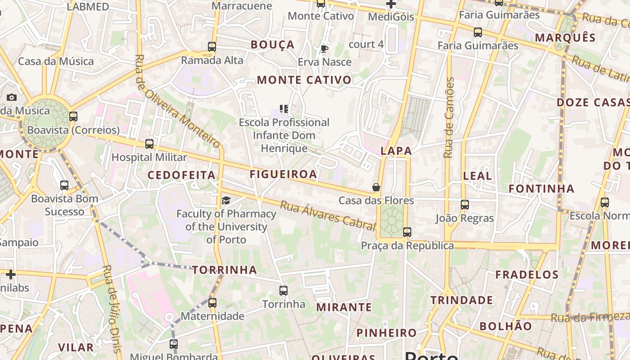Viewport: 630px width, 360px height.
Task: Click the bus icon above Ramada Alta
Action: [x=212, y=46]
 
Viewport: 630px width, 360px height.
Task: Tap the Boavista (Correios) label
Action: [x=73, y=130]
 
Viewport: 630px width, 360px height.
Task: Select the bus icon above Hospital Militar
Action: [x=149, y=144]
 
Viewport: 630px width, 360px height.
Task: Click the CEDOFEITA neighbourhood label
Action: [x=182, y=175]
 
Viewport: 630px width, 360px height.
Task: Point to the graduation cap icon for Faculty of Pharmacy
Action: [x=226, y=200]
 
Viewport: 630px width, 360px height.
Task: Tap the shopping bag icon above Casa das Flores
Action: [x=376, y=187]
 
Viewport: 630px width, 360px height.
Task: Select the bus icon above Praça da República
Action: [x=407, y=232]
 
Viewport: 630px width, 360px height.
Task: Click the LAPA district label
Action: [x=396, y=151]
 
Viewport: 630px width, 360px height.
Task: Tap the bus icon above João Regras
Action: [x=465, y=205]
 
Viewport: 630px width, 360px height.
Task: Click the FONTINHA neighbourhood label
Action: [x=541, y=189]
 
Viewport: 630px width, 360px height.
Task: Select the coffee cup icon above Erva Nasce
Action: [x=324, y=49]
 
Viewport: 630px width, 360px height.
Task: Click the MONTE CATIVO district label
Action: [x=304, y=80]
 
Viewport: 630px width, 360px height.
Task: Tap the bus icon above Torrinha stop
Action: [x=283, y=291]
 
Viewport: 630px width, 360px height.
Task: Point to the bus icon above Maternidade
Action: [x=212, y=303]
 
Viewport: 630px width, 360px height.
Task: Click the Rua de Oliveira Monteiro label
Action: [x=179, y=101]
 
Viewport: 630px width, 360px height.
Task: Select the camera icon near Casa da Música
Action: [x=12, y=97]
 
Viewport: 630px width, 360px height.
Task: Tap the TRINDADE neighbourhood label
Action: [x=462, y=300]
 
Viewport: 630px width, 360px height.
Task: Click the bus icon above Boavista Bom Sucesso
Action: [x=64, y=185]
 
